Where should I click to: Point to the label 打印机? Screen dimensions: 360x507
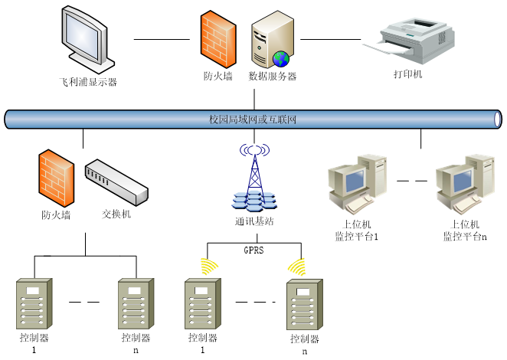click(407, 74)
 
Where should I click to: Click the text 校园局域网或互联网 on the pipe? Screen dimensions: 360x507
click(253, 119)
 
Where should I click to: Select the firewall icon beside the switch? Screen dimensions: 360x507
click(56, 177)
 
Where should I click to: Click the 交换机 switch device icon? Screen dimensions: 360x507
click(115, 182)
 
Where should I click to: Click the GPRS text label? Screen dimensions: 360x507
click(253, 250)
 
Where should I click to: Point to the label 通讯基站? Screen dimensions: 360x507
click(254, 221)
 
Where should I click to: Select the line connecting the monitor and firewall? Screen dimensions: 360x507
click(161, 38)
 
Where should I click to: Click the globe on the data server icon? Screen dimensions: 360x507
click(281, 57)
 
